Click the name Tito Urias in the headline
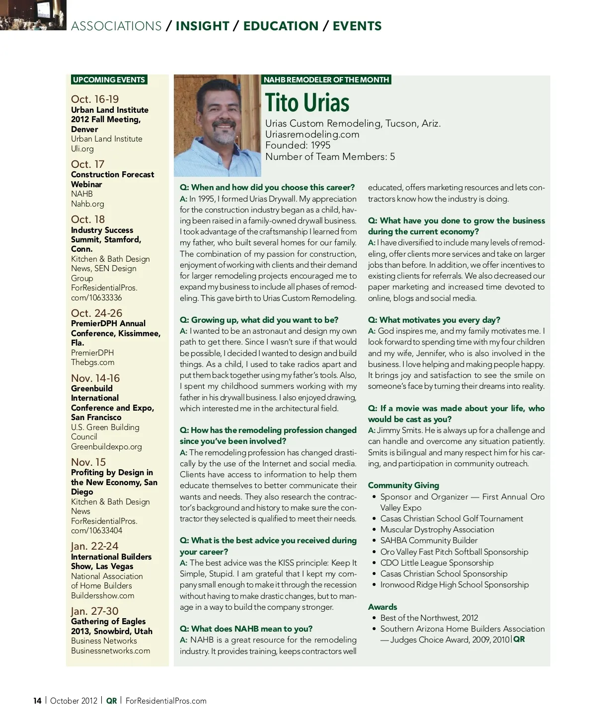tap(307, 103)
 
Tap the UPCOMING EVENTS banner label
tap(109, 80)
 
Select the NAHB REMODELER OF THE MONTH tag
tap(326, 80)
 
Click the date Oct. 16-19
tap(95, 99)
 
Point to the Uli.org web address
tap(82, 148)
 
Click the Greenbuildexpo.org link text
tap(106, 446)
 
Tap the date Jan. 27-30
tap(94, 611)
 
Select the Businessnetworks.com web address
tap(110, 650)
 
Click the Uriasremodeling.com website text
tap(312, 134)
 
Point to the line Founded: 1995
tap(298, 145)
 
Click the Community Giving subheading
tap(403, 485)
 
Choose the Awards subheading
tap(382, 607)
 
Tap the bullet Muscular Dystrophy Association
tap(437, 529)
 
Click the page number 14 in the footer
tap(37, 701)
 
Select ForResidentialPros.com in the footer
tap(166, 701)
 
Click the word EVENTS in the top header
tap(357, 26)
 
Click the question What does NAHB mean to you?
tap(245, 629)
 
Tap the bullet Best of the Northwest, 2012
tap(429, 618)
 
